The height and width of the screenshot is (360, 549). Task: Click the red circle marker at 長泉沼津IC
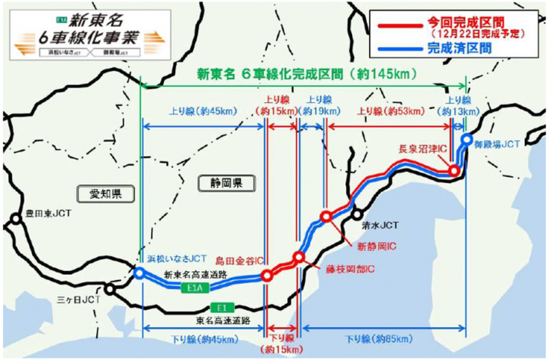(x=453, y=171)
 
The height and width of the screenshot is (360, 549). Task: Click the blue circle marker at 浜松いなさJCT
(x=139, y=273)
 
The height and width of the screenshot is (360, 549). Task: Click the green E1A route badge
(x=196, y=290)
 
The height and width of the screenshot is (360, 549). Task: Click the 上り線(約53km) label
(x=385, y=111)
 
